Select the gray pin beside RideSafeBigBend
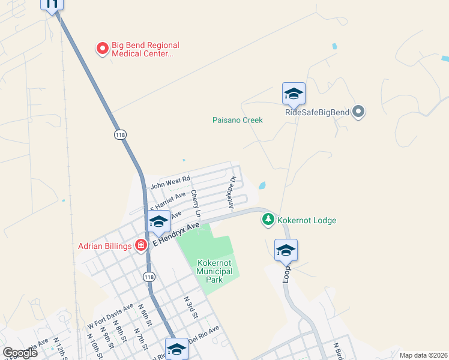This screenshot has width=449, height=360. pos(359,111)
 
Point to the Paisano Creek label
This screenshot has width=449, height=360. pos(238,120)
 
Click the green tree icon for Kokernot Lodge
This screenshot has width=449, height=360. pos(268,220)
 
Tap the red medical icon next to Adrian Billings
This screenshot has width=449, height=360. pos(141,245)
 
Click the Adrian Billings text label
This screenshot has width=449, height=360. pos(105,245)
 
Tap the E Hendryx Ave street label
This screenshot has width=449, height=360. pos(175,234)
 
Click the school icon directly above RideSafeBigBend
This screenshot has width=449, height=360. pos(294,94)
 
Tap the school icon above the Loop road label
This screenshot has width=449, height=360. pos(286,250)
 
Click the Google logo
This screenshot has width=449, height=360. pos(20,353)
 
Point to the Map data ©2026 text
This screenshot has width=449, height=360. pos(423,355)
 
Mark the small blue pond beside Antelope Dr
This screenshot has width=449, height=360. pos(262,185)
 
